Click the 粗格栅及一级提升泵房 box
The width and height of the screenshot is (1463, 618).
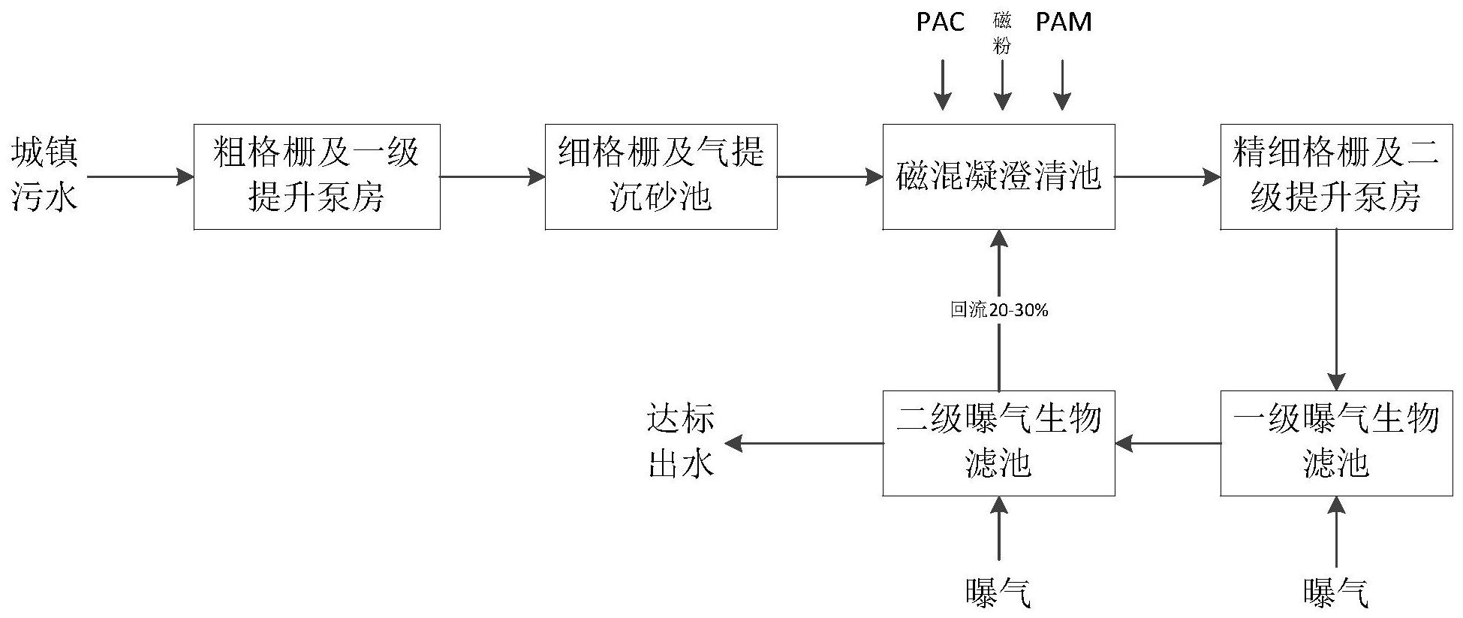click(317, 176)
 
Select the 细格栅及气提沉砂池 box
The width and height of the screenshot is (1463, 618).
click(661, 176)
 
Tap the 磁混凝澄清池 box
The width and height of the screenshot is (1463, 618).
click(998, 176)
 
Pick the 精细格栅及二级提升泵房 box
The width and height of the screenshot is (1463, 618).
click(1336, 176)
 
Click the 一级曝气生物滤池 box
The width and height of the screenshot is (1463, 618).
click(1336, 443)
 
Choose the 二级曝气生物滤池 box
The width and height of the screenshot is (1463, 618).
click(998, 443)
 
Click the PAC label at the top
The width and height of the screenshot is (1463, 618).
click(940, 22)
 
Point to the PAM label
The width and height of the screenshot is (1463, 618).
click(1063, 22)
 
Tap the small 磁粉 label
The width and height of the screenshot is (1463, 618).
click(1002, 33)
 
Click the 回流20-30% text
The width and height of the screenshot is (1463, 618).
click(998, 309)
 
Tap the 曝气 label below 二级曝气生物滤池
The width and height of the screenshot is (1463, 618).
click(998, 592)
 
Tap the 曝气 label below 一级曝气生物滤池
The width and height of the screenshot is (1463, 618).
click(1336, 592)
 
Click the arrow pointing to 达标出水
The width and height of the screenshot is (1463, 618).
click(803, 443)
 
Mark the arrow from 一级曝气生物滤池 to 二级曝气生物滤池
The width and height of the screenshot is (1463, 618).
click(1167, 443)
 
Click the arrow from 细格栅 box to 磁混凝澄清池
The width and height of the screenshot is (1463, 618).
click(829, 177)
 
